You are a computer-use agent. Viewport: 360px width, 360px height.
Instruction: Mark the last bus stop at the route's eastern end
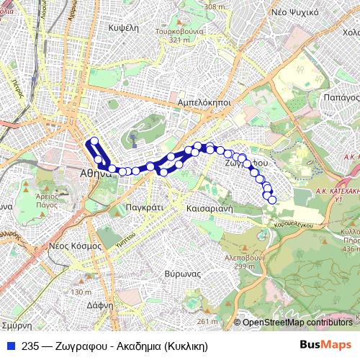tap(272, 199)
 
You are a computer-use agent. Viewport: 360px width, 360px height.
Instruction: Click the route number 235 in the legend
tap(31, 346)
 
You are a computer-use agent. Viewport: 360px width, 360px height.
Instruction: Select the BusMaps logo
tap(325, 345)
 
